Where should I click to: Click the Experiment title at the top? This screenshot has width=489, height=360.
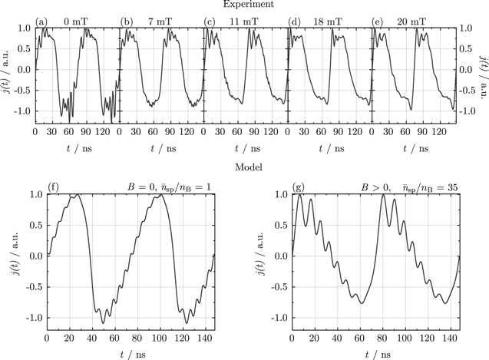tap(244, 5)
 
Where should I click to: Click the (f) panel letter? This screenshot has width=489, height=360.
tap(54, 187)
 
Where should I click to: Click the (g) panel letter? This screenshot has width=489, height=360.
tap(299, 187)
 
